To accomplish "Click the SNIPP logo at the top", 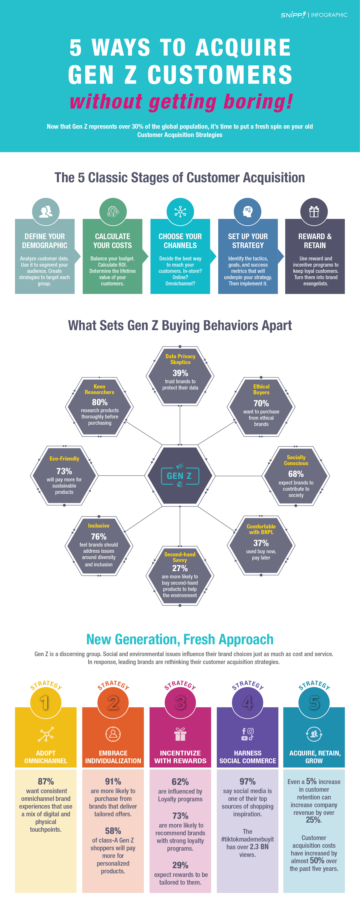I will click(x=293, y=15).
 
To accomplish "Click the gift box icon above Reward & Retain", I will click(x=314, y=211).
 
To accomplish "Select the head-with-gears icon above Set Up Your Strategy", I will click(x=247, y=211).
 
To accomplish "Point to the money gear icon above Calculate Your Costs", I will click(x=113, y=211).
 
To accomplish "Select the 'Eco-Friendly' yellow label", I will click(x=64, y=459).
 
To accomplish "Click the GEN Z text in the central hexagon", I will click(x=179, y=476).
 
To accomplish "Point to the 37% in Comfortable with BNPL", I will click(x=261, y=543).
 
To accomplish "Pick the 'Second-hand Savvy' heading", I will click(x=180, y=557).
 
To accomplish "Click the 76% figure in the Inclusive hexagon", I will click(x=99, y=536).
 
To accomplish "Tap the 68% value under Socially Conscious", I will click(x=296, y=474).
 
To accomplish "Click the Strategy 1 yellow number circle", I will click(x=45, y=703).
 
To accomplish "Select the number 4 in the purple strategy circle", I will click(x=247, y=703).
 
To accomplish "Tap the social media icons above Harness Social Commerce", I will click(x=247, y=734).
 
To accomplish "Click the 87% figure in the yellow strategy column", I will click(x=46, y=781).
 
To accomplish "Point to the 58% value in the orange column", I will click(x=113, y=831).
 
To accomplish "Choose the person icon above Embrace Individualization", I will click(x=113, y=734).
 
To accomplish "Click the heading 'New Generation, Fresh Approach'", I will click(x=180, y=639).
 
